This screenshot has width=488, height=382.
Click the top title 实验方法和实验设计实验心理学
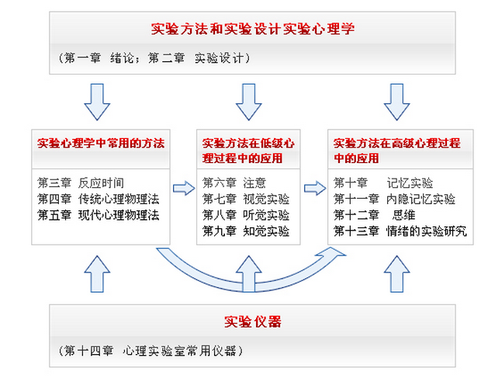[x=252, y=30]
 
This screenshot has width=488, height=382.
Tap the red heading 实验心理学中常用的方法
[x=101, y=144]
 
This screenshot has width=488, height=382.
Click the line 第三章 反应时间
[x=81, y=183]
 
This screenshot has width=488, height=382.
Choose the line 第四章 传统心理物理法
[x=98, y=199]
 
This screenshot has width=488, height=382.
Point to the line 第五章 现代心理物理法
[x=98, y=215]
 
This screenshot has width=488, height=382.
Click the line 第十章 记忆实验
[x=383, y=183]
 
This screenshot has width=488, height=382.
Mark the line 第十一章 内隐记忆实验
[x=394, y=199]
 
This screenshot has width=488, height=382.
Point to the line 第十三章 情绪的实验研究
[x=400, y=231]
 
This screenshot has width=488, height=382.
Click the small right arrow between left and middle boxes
[x=183, y=187]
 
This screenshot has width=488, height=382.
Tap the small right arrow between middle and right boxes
[x=315, y=187]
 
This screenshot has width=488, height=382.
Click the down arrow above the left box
[x=97, y=101]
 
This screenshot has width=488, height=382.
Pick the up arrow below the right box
[x=396, y=274]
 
